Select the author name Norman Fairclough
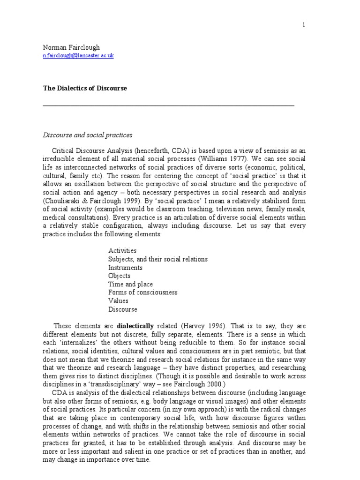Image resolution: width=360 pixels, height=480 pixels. [x=71, y=47]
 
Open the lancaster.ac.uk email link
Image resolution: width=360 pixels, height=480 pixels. [x=78, y=56]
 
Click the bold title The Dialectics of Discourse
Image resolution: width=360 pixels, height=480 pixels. [x=85, y=88]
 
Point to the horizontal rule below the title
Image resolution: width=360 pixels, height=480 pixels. [x=168, y=106]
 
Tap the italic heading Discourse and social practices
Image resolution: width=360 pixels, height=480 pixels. [x=88, y=135]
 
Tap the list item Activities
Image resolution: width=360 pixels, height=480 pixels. [x=122, y=251]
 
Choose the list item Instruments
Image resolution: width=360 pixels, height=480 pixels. [x=125, y=268]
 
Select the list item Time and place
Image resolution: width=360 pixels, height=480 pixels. [x=130, y=284]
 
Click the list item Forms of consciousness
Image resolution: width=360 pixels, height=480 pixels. [x=142, y=292]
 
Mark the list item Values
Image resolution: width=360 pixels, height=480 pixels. [x=118, y=301]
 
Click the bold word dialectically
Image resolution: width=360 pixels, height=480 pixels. [x=135, y=326]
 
